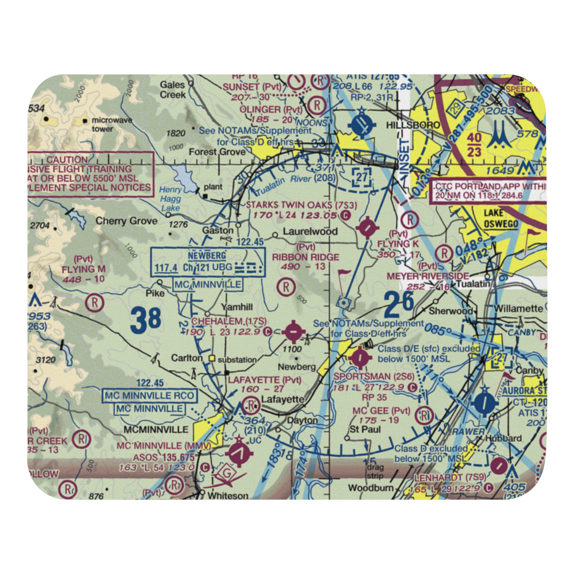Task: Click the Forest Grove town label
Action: pyautogui.click(x=220, y=152)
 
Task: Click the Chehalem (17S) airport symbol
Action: pyautogui.click(x=294, y=331)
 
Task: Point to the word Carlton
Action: pyautogui.click(x=187, y=358)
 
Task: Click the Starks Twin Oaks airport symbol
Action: pyautogui.click(x=366, y=228)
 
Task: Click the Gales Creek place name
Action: pyautogui.click(x=173, y=90)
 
